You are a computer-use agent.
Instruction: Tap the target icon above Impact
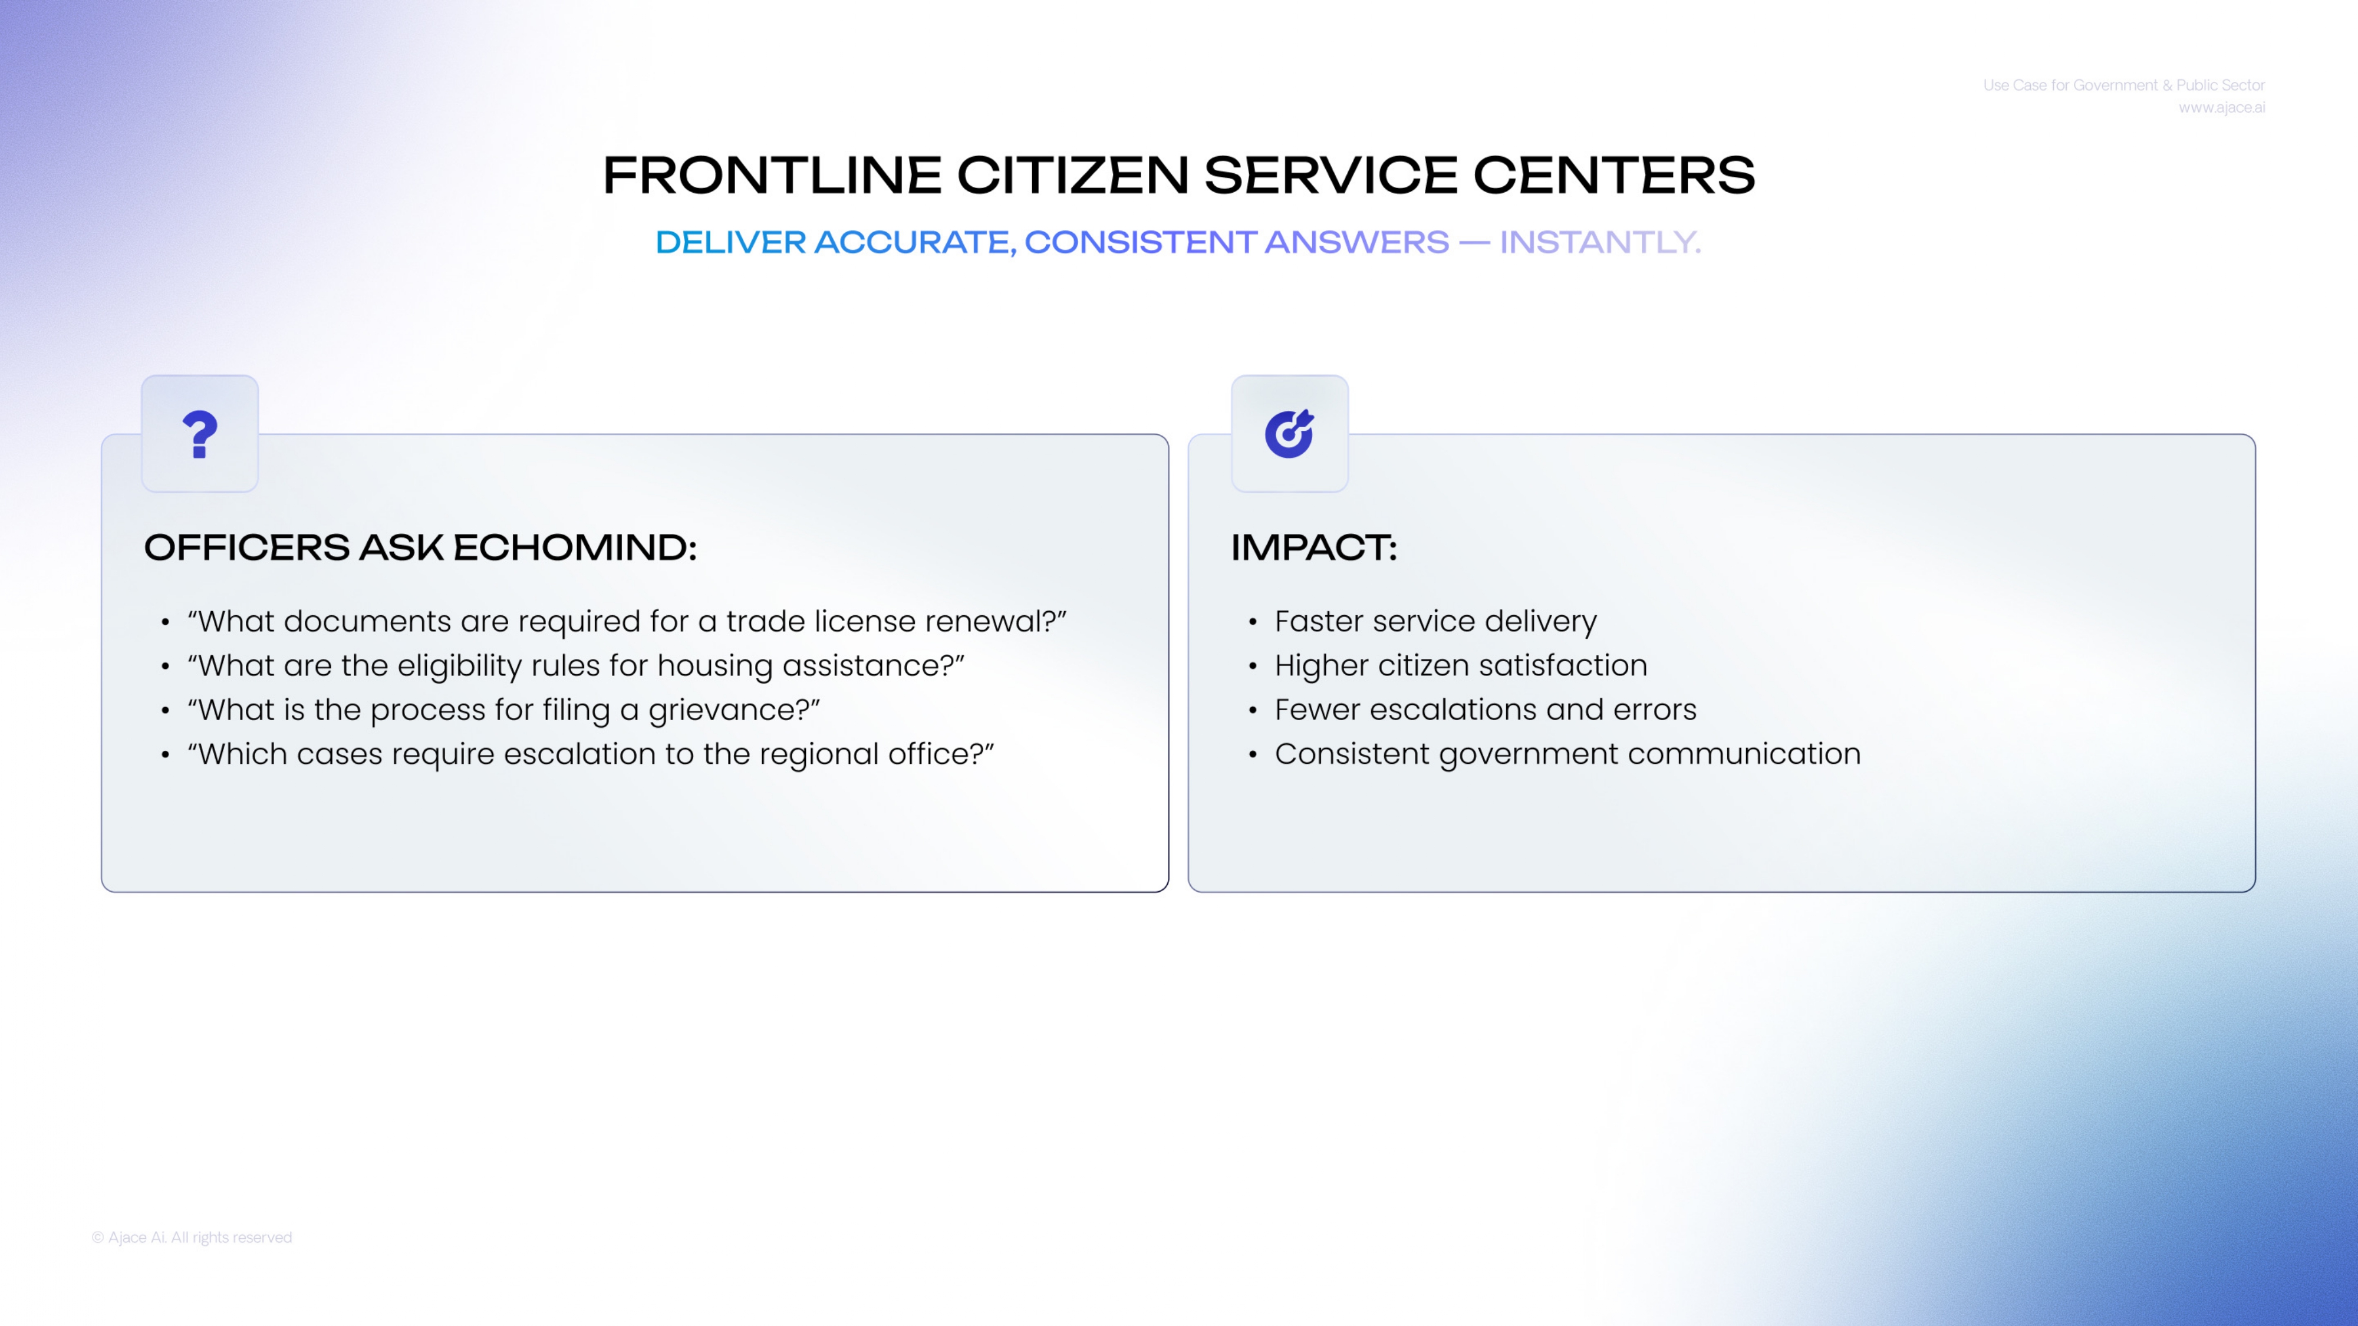click(x=1289, y=434)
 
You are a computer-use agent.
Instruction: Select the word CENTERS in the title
click(x=1614, y=175)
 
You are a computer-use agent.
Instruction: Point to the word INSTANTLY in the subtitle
click(x=1600, y=242)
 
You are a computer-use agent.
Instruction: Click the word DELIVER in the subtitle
click(x=730, y=242)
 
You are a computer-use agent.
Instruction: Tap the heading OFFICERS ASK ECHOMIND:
click(x=420, y=547)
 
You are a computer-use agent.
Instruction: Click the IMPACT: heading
click(x=1313, y=547)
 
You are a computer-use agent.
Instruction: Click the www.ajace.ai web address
click(x=2222, y=108)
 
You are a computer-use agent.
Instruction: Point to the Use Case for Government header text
click(x=2123, y=85)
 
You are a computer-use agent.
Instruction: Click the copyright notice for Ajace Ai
click(x=192, y=1237)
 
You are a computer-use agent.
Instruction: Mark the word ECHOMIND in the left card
click(x=575, y=547)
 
